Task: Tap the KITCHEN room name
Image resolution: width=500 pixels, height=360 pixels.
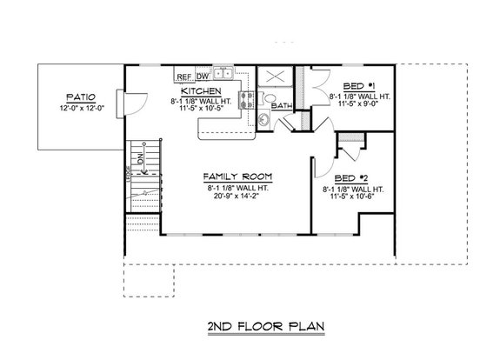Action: click(x=200, y=90)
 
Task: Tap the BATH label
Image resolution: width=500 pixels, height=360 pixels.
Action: click(x=282, y=105)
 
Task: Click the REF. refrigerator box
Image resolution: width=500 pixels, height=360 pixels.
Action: click(x=183, y=76)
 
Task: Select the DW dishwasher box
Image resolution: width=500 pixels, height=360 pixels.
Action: click(x=202, y=76)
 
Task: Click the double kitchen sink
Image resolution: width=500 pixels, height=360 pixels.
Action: click(x=224, y=74)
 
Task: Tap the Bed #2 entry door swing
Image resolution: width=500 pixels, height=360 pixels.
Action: click(x=321, y=157)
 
